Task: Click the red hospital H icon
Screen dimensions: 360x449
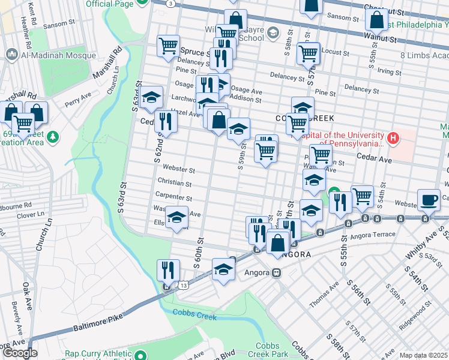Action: [x=393, y=139]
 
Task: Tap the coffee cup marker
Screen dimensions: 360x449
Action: [x=429, y=200]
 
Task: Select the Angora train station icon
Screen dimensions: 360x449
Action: [x=277, y=272]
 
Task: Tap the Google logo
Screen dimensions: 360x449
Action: [x=19, y=353]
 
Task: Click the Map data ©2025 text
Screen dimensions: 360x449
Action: [x=423, y=355]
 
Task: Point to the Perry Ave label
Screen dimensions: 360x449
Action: [x=78, y=98]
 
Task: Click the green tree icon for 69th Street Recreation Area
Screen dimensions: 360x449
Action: [x=53, y=137]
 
